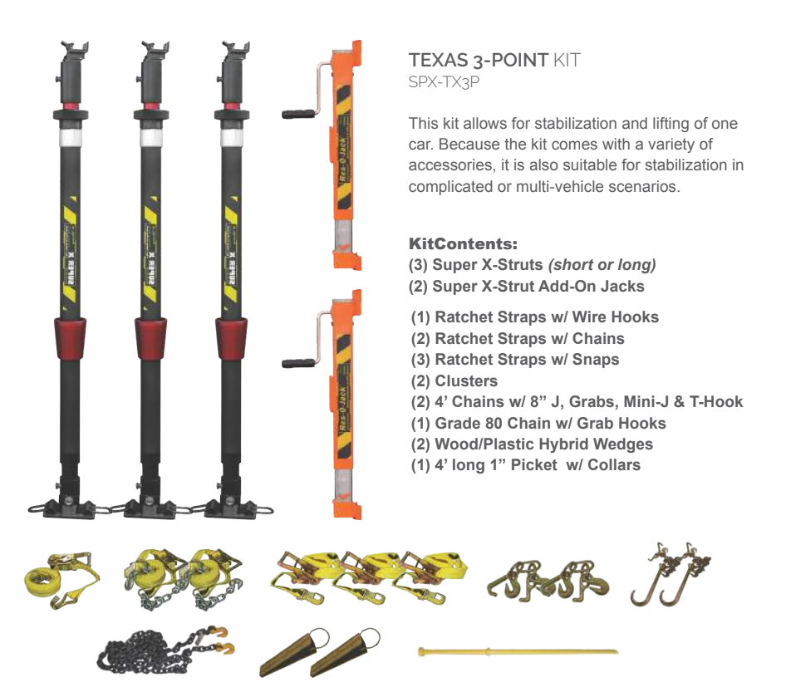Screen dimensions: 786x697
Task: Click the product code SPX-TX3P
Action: coord(444,81)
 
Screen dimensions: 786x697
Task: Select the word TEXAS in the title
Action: coord(438,60)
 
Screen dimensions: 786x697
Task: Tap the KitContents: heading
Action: coord(463,243)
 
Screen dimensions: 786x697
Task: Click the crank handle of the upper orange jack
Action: coord(298,114)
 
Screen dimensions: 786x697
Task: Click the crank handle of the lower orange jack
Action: coord(298,363)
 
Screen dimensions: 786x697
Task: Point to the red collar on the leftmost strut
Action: coord(70,338)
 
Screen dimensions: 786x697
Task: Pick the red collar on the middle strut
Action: coord(151,338)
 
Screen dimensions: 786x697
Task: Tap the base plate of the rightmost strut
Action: coord(231,508)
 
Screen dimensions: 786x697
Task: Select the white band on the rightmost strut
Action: coord(232,137)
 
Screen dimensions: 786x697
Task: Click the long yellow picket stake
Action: coord(518,652)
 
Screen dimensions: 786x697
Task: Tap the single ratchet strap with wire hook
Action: coord(61,580)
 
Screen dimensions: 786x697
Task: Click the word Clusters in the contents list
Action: coord(466,380)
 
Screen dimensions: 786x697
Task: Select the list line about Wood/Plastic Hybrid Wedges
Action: coord(532,444)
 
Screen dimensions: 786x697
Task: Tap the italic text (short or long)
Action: coord(602,265)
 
